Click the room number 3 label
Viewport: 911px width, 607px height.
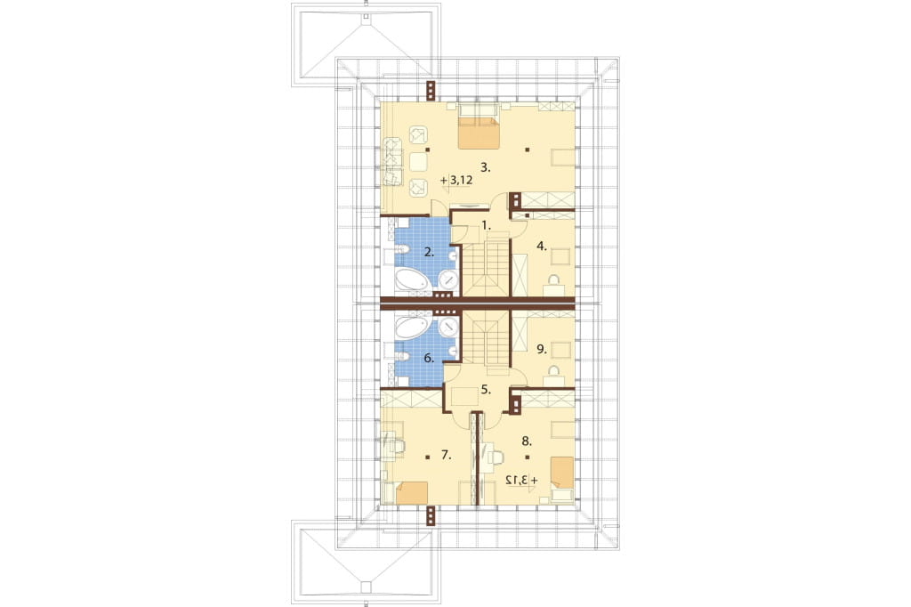pos(486,168)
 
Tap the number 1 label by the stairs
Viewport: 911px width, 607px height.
pos(487,224)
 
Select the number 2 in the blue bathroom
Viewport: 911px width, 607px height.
pos(429,252)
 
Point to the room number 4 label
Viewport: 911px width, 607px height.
pos(542,246)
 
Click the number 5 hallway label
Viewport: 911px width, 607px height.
pos(486,390)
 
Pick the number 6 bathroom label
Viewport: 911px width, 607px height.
pos(429,358)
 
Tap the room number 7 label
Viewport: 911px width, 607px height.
pos(446,455)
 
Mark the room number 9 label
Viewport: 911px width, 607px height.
pos(542,349)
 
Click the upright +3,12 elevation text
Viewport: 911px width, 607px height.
pos(457,181)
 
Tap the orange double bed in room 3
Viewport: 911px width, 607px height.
pos(479,126)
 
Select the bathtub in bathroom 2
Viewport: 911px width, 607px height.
pos(414,279)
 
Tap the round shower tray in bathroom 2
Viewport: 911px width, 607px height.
pos(448,279)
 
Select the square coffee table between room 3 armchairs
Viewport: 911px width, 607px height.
pos(417,161)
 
